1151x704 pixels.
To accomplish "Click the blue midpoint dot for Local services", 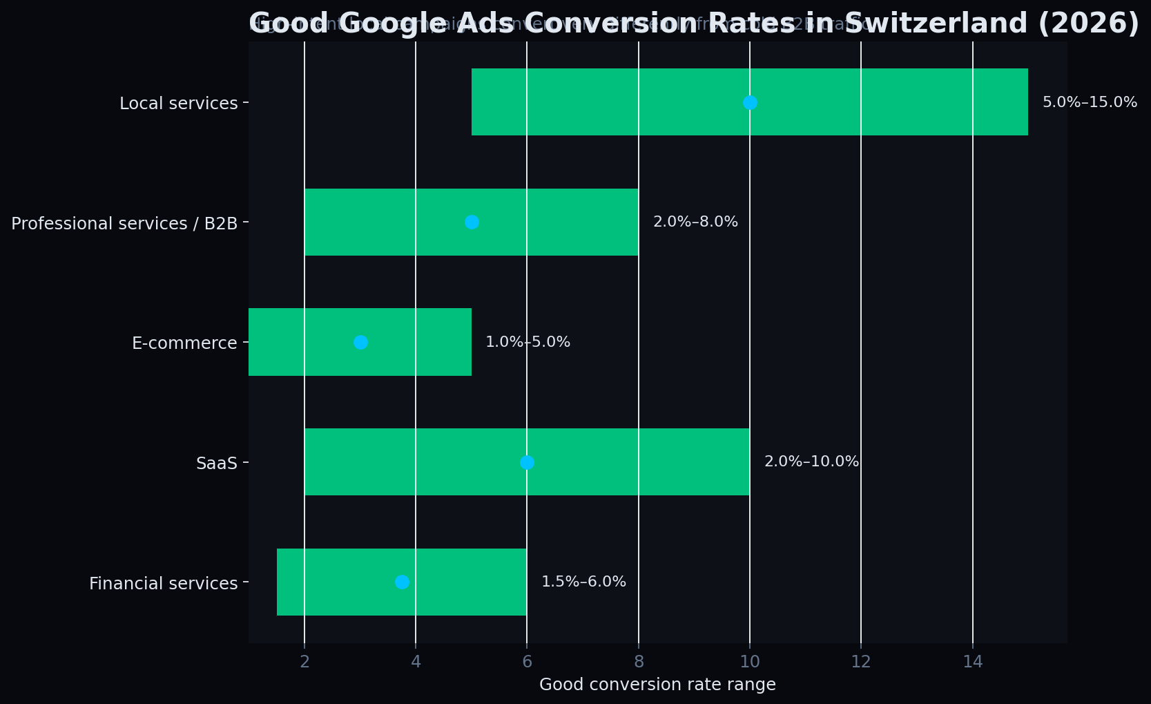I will coord(750,102).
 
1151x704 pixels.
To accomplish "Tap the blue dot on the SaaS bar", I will coord(527,462).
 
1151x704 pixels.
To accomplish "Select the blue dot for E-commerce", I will coord(360,342).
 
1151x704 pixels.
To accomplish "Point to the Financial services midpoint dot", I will coord(402,582).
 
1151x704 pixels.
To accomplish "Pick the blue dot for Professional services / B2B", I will coord(472,222).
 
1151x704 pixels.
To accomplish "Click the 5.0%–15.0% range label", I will coord(1090,102).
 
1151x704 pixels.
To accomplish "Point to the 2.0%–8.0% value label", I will coord(695,222).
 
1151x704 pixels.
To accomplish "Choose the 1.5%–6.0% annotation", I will coord(583,582).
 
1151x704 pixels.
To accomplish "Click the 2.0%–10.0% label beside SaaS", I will coord(811,462).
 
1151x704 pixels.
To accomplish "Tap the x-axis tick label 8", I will coord(639,662).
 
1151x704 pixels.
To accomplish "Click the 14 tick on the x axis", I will coord(973,662).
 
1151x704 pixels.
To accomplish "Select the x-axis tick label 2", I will coord(304,662).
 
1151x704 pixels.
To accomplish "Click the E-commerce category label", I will coord(184,343).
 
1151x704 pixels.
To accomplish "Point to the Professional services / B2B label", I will coord(124,223).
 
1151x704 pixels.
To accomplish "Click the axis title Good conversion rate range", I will coord(657,685).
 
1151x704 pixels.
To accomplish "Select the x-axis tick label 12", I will coord(861,662).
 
